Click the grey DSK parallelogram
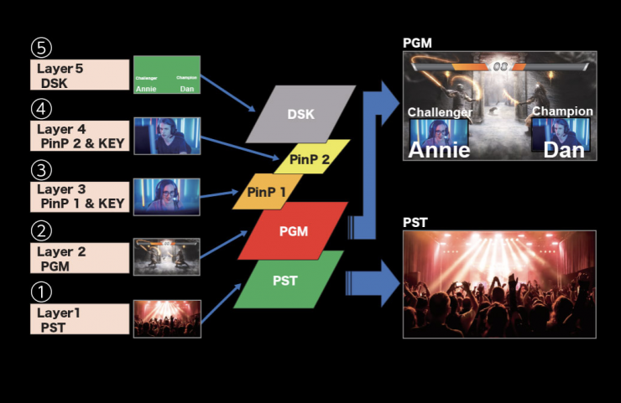pos(300,112)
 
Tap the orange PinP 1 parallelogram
pos(266,191)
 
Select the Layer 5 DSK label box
pos(80,75)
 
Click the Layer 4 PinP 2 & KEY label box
pos(80,137)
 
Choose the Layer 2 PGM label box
pos(80,258)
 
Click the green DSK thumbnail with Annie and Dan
pos(166,75)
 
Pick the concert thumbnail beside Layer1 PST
pos(166,319)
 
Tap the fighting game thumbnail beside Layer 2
pos(166,256)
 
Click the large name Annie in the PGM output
pos(439,149)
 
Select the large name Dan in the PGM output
pos(563,149)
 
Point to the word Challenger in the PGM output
pos(440,111)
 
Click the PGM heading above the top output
pos(418,43)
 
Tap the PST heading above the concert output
pos(415,222)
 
